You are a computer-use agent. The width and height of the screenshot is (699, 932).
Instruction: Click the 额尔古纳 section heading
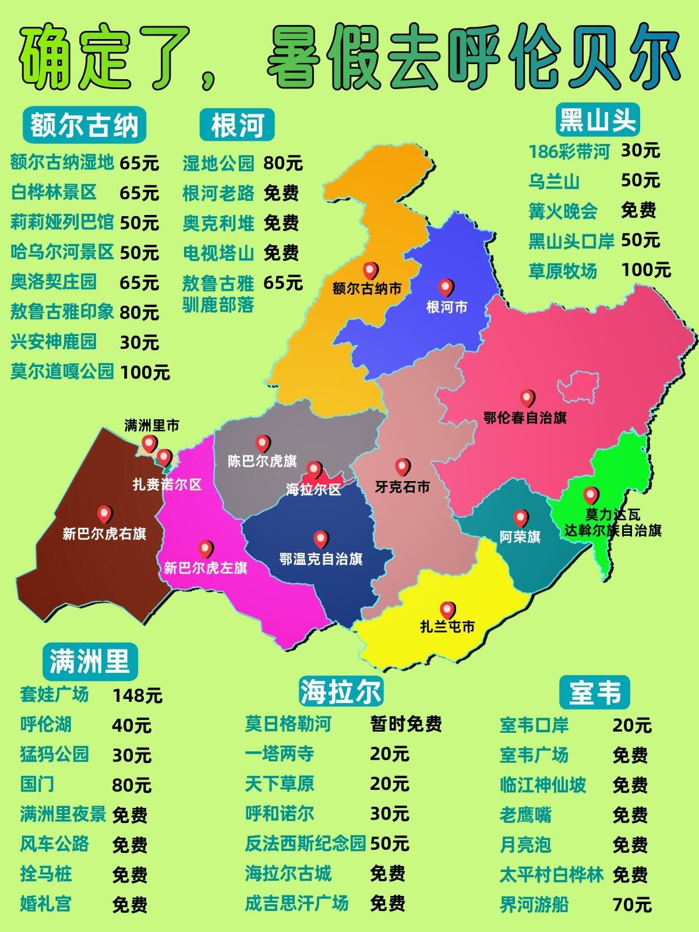[x=84, y=125]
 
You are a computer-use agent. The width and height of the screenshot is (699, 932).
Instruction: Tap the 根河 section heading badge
[x=237, y=125]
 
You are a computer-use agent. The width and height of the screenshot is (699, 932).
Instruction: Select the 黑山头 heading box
[x=597, y=120]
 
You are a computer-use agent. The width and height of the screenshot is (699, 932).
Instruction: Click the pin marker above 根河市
[x=446, y=287]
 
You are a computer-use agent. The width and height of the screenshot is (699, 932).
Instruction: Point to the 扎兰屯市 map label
[x=447, y=627]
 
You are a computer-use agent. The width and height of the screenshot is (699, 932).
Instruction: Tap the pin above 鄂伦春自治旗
[x=527, y=398]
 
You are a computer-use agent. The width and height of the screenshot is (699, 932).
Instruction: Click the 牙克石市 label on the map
[x=402, y=487]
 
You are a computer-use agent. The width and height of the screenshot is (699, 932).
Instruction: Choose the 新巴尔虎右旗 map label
[x=104, y=534]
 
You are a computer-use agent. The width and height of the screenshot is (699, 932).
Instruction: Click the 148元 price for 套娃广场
[x=137, y=696]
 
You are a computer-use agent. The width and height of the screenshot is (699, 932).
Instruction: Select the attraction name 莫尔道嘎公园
[x=62, y=372]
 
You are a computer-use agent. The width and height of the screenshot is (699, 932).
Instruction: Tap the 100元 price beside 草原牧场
[x=646, y=270]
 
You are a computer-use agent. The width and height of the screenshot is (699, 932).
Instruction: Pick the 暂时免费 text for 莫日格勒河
[x=406, y=724]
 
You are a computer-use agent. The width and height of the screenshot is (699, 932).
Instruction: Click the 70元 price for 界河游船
[x=632, y=905]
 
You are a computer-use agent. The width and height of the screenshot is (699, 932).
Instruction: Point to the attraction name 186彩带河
[x=569, y=151]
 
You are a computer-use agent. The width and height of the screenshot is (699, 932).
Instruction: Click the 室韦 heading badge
[x=595, y=693]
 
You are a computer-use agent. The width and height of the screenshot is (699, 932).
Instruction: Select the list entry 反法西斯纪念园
[x=305, y=843]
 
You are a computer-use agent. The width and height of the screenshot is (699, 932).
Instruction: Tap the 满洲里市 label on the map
[x=152, y=426]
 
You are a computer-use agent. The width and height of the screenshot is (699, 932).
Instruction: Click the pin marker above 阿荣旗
[x=521, y=518]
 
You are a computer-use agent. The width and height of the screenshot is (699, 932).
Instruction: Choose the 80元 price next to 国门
[x=132, y=785]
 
